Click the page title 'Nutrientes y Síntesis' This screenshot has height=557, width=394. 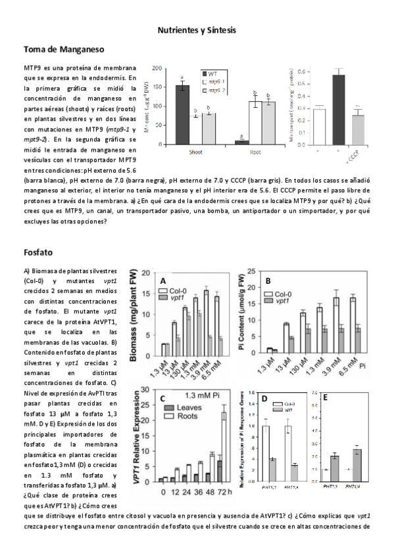coord(197,30)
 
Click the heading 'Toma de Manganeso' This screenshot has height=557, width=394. coord(63,49)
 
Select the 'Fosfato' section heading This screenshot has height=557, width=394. coord(39,252)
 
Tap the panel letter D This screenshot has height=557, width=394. coord(263,399)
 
